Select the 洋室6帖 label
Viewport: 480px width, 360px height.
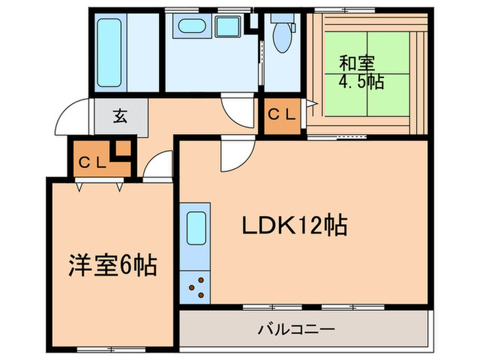coord(112,263)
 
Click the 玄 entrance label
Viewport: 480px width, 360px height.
coord(121,116)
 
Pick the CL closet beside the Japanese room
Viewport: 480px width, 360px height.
coord(281,115)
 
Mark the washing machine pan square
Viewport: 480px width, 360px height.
coord(227,28)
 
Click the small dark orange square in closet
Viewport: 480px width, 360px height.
coord(123,149)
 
